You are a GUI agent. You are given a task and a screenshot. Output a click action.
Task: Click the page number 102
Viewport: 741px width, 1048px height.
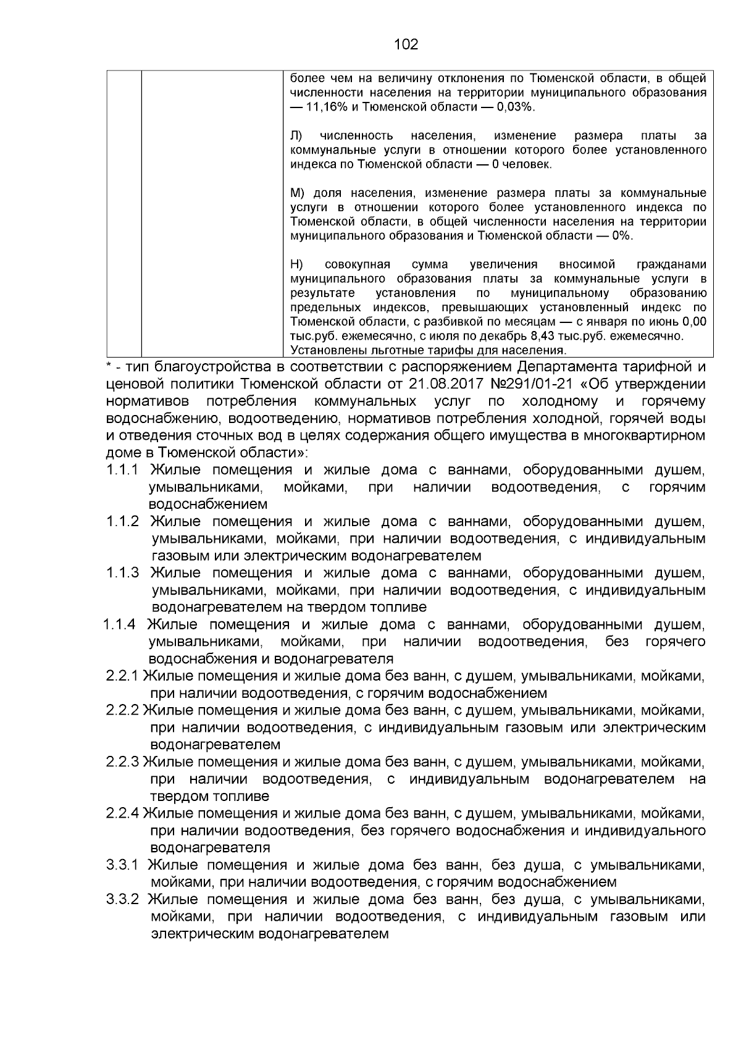[x=406, y=44]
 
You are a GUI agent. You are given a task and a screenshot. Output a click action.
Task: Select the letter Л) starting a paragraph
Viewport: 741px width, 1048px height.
[x=296, y=136]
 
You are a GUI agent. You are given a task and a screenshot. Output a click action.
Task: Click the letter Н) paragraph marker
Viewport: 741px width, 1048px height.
[x=296, y=265]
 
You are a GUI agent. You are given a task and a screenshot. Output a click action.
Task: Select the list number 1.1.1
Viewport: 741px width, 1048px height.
[x=123, y=471]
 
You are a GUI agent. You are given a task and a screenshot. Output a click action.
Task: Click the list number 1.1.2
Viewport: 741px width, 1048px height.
[x=123, y=522]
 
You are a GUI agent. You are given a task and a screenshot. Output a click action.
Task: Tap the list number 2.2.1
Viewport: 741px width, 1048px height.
[x=123, y=676]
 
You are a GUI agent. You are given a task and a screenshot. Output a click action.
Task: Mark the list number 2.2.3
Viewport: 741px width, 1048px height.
[x=123, y=762]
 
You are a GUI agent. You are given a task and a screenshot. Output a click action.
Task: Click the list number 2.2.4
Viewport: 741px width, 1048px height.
[x=123, y=813]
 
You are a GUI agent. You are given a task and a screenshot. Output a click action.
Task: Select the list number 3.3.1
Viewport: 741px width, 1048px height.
[x=123, y=865]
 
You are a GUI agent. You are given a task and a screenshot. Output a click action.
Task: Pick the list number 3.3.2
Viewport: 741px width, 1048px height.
[x=123, y=899]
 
